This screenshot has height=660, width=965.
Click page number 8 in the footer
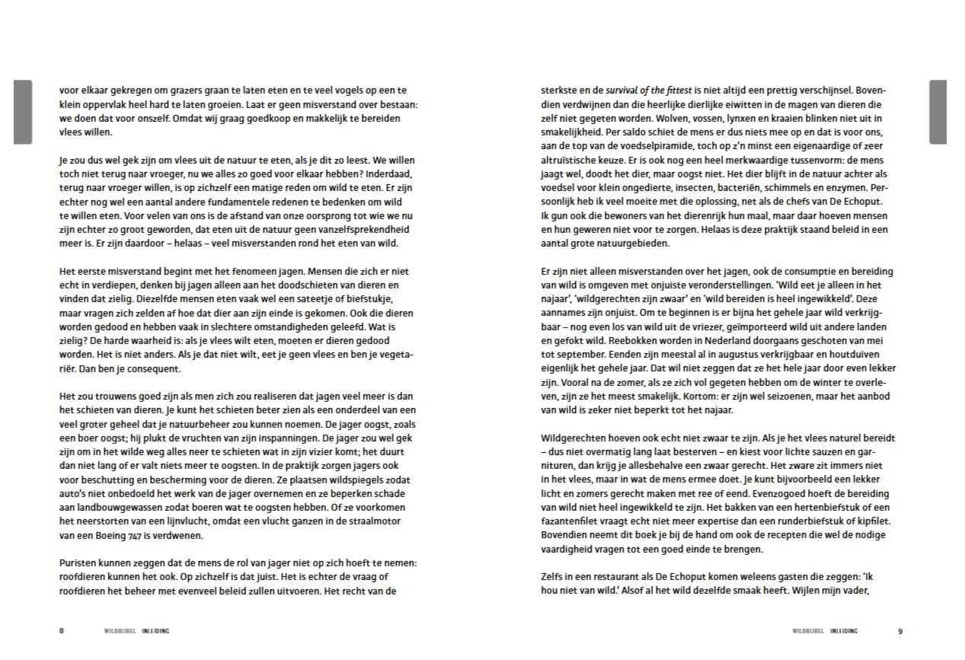[x=62, y=630]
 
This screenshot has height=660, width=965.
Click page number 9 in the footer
[x=899, y=630]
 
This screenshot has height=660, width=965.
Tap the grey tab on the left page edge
[x=23, y=112]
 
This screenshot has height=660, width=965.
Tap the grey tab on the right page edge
[x=938, y=112]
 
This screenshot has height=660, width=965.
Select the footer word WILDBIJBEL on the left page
[x=120, y=630]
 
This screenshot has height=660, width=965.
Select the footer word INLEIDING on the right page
[x=844, y=630]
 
